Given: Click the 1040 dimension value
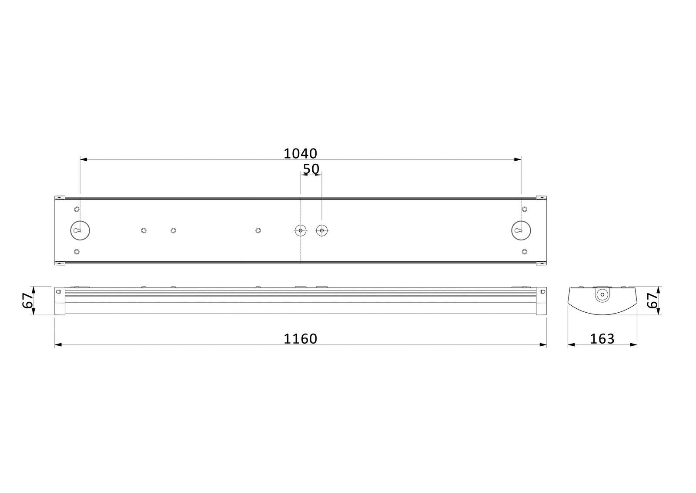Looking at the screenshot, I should click(x=300, y=153).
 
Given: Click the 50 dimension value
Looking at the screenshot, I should click(x=311, y=169).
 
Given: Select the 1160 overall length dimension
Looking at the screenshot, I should click(x=300, y=338).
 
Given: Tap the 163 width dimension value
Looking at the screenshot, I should click(x=602, y=338).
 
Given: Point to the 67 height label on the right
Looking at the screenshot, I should click(x=651, y=300).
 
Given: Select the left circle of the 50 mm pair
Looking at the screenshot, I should click(x=300, y=230).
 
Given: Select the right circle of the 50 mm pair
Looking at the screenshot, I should click(x=321, y=230).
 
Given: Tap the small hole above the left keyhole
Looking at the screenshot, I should click(x=77, y=209).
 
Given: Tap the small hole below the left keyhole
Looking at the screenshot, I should click(x=77, y=252).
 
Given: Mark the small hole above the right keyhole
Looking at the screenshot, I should click(x=525, y=209).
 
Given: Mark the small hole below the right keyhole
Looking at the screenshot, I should click(x=525, y=252).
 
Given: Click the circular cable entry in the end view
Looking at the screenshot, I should click(x=602, y=294).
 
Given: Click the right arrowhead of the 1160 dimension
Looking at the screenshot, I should click(x=543, y=345).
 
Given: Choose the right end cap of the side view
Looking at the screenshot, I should click(x=542, y=300).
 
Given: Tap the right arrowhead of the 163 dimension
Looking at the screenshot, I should click(x=634, y=345).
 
